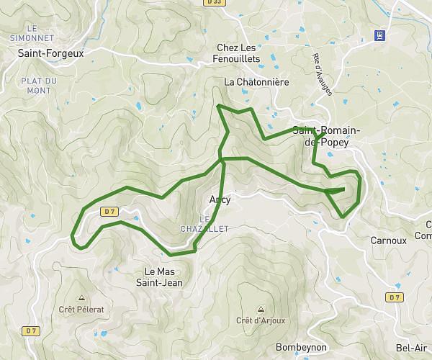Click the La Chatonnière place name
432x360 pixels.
pyautogui.click(x=256, y=82)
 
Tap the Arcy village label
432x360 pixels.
pyautogui.click(x=220, y=200)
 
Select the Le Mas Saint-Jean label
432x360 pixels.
pyautogui.click(x=163, y=277)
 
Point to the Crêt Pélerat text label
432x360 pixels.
pyautogui.click(x=81, y=309)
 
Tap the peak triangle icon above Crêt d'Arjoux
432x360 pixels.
pyautogui.click(x=260, y=309)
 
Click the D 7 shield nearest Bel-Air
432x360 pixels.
pyautogui.click(x=394, y=297)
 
